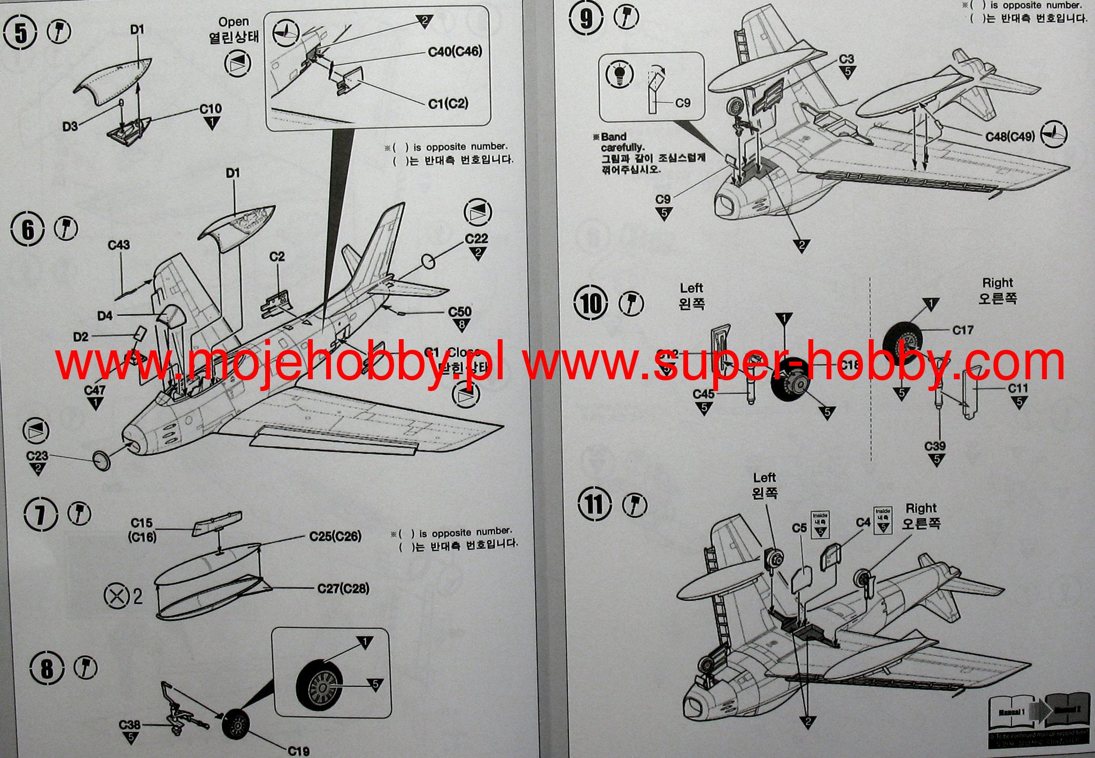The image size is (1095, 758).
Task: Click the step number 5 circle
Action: click(x=20, y=33)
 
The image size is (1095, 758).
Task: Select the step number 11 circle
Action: click(x=594, y=505)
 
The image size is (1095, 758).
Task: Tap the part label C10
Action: click(x=211, y=109)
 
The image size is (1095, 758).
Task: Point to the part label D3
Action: click(x=70, y=126)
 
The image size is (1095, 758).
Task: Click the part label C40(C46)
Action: click(x=455, y=51)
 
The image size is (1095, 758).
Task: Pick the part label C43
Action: click(x=119, y=245)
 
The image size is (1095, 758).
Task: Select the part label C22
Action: click(x=476, y=239)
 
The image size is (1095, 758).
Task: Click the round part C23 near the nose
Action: click(x=101, y=460)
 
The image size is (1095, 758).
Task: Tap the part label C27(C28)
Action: click(x=343, y=589)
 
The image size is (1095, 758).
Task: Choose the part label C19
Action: click(x=298, y=751)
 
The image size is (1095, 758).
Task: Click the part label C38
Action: click(x=129, y=725)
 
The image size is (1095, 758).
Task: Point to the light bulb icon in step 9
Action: click(x=620, y=74)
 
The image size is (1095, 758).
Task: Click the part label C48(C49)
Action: click(x=1010, y=136)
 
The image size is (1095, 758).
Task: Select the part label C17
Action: click(x=963, y=330)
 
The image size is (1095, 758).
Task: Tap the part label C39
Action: click(x=935, y=446)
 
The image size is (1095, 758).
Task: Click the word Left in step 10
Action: click(x=691, y=288)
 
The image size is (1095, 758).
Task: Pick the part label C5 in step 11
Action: click(x=799, y=528)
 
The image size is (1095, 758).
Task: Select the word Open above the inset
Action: click(x=234, y=22)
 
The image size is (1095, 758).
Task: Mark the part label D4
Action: click(x=105, y=316)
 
